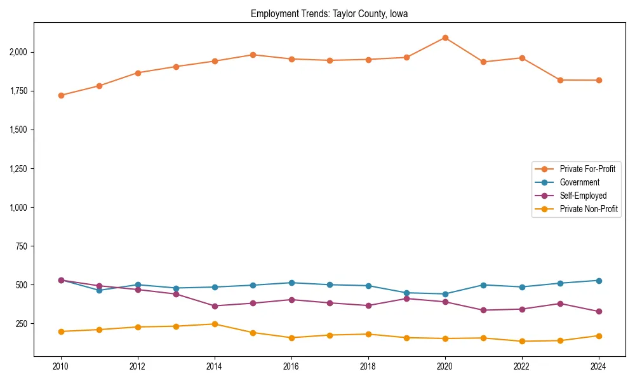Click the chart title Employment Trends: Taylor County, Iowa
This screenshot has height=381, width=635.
tap(329, 13)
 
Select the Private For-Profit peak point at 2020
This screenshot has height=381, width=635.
tap(445, 37)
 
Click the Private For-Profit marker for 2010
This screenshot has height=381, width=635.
tap(61, 95)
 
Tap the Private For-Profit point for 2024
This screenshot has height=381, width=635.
tap(599, 80)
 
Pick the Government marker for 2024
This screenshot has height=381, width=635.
tap(599, 281)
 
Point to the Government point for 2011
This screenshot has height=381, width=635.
tap(99, 290)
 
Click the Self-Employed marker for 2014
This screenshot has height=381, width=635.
tap(215, 306)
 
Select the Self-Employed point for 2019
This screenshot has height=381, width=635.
tap(406, 298)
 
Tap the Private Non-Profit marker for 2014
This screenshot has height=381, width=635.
tap(215, 324)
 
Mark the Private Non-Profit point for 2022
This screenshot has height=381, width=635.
tap(522, 341)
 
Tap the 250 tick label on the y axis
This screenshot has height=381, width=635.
tap(22, 324)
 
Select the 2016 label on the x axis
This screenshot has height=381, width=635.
tap(291, 366)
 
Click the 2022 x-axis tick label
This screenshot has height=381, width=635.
tap(522, 366)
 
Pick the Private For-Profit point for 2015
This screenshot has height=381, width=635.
tap(253, 55)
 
